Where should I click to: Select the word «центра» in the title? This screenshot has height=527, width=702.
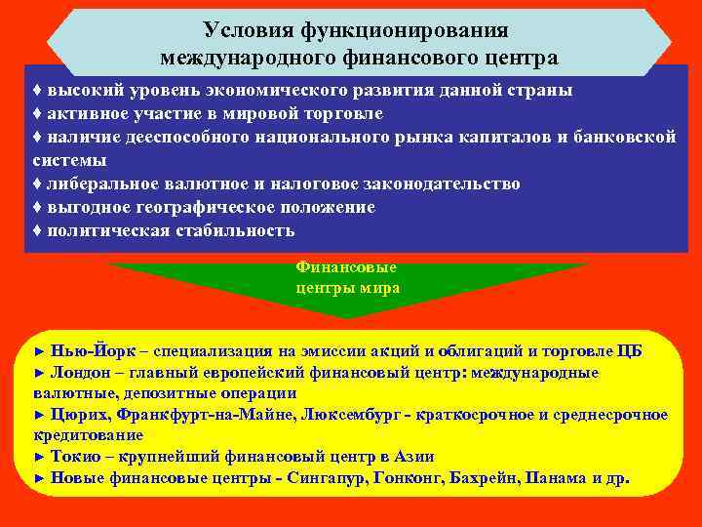pos(521,58)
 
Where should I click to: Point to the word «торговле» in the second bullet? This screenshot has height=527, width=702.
pos(340,113)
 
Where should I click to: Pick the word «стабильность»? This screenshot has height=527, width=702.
pos(233,230)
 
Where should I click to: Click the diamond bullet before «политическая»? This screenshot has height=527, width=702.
pos(37,230)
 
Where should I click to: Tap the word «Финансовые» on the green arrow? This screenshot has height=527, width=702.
pos(345,266)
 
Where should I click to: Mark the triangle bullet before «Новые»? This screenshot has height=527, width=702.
pos(39,478)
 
